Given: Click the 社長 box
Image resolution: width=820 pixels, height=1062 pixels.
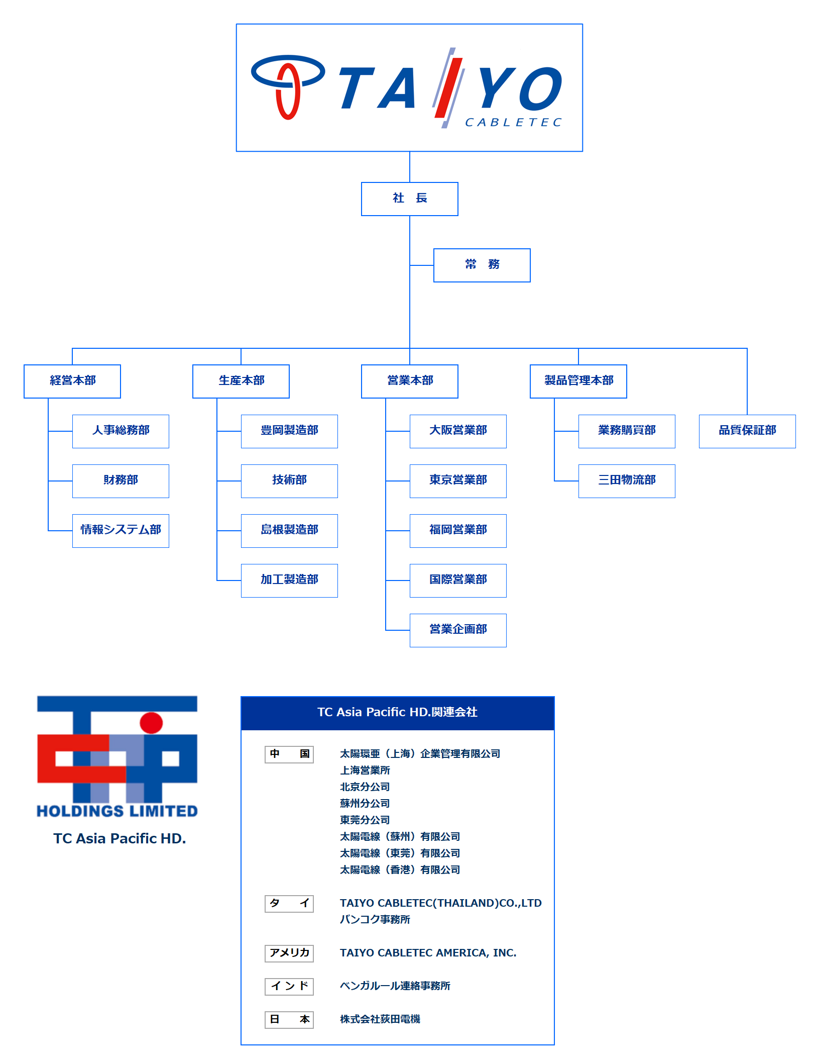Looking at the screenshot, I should click(x=409, y=199).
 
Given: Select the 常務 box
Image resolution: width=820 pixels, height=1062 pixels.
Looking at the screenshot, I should click(x=482, y=265).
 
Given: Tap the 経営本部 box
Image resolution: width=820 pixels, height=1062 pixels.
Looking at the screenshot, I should click(x=72, y=381).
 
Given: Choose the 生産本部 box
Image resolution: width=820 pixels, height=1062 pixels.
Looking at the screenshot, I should click(x=241, y=381).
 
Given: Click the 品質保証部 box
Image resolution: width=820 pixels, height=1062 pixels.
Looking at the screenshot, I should click(x=747, y=431).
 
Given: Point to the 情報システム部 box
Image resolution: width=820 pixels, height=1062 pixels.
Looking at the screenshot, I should click(x=121, y=530).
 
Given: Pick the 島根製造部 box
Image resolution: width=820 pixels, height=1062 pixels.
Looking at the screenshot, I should click(x=289, y=530).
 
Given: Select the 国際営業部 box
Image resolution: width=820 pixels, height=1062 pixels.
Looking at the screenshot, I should click(x=458, y=580).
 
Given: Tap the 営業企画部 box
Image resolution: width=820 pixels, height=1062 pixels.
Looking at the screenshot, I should click(x=458, y=630).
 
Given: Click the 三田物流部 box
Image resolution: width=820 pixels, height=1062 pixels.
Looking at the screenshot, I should click(x=627, y=480).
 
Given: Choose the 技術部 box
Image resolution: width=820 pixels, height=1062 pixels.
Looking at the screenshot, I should click(x=289, y=480).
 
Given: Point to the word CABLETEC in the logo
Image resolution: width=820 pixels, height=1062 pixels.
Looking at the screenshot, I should click(x=513, y=123).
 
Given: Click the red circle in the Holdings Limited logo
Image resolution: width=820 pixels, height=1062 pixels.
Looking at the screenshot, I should click(x=151, y=723).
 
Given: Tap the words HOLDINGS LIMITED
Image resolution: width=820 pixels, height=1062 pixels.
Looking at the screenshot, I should click(x=117, y=811).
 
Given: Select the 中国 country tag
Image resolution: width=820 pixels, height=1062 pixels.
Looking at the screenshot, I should click(x=289, y=754).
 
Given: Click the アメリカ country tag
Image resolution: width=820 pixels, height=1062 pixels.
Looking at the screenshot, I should click(x=289, y=953).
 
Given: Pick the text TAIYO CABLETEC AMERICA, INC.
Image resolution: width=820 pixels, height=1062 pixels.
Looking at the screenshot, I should click(x=428, y=953).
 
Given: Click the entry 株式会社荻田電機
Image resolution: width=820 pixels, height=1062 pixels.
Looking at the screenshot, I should click(x=380, y=1019).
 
